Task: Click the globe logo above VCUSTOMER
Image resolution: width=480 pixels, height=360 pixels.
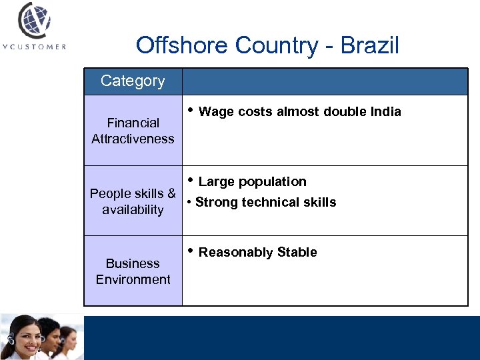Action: click(x=34, y=21)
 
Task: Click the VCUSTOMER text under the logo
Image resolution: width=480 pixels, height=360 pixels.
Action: click(x=34, y=47)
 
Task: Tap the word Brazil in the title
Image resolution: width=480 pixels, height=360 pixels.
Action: click(x=369, y=45)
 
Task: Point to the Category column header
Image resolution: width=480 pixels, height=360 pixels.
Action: click(x=133, y=81)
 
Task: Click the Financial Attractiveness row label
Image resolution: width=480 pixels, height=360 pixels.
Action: click(x=133, y=131)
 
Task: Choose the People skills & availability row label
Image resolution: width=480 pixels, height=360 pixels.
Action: click(x=133, y=201)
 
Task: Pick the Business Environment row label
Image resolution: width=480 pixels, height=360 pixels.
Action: click(x=133, y=271)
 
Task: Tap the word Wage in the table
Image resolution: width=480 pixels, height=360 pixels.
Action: click(x=214, y=112)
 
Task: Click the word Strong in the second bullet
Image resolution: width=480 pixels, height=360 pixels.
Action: click(x=216, y=203)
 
